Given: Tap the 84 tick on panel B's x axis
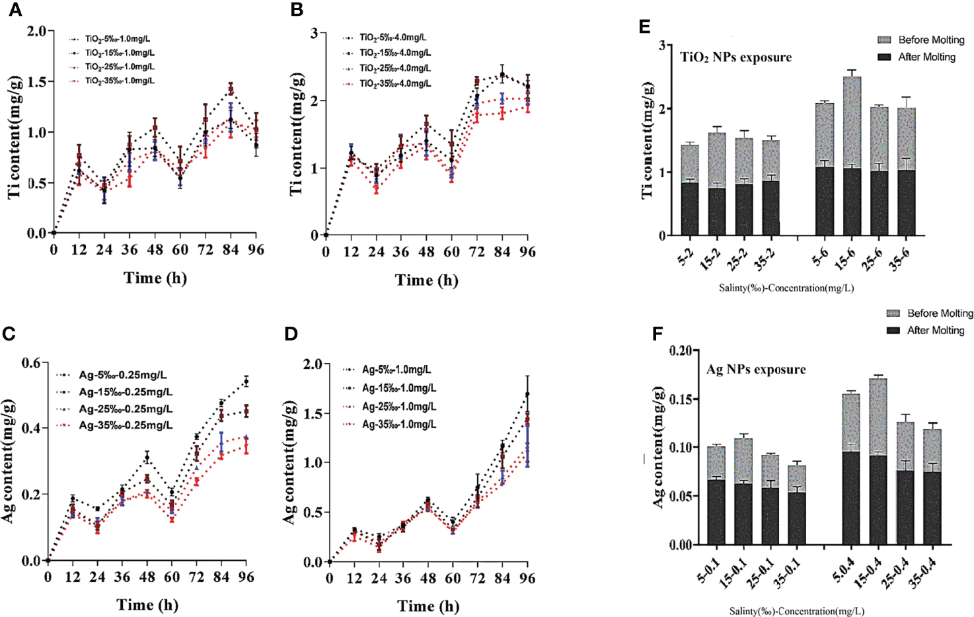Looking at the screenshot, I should (502, 252).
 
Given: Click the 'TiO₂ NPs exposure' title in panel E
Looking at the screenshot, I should (735, 58).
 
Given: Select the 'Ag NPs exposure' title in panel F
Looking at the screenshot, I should (756, 370).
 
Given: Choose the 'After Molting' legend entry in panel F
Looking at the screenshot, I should (935, 331).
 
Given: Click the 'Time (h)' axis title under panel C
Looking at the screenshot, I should (147, 605).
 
